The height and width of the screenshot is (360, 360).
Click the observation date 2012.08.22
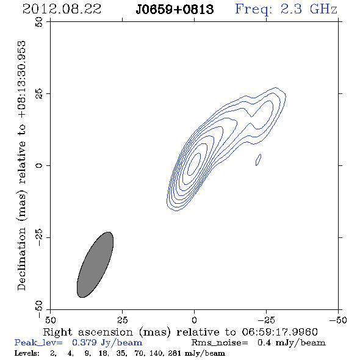click(x=62, y=9)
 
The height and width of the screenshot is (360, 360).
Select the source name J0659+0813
click(x=175, y=10)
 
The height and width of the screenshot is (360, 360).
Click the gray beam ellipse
click(x=95, y=265)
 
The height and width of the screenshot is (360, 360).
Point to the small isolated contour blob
click(x=258, y=160)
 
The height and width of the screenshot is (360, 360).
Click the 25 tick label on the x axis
click(x=122, y=320)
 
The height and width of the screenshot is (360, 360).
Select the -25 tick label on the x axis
click(x=266, y=320)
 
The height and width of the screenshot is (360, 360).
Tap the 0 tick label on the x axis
click(x=194, y=320)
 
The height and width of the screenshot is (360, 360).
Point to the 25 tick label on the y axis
click(x=39, y=93)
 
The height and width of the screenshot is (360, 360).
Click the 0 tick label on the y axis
click(x=39, y=165)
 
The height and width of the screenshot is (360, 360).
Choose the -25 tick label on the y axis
click(x=39, y=237)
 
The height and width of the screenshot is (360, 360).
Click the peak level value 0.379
click(x=84, y=342)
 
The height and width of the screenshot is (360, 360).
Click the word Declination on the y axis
click(x=21, y=259)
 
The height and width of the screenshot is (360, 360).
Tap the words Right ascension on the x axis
click(x=88, y=332)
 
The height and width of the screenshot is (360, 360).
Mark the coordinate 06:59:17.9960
click(x=279, y=332)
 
